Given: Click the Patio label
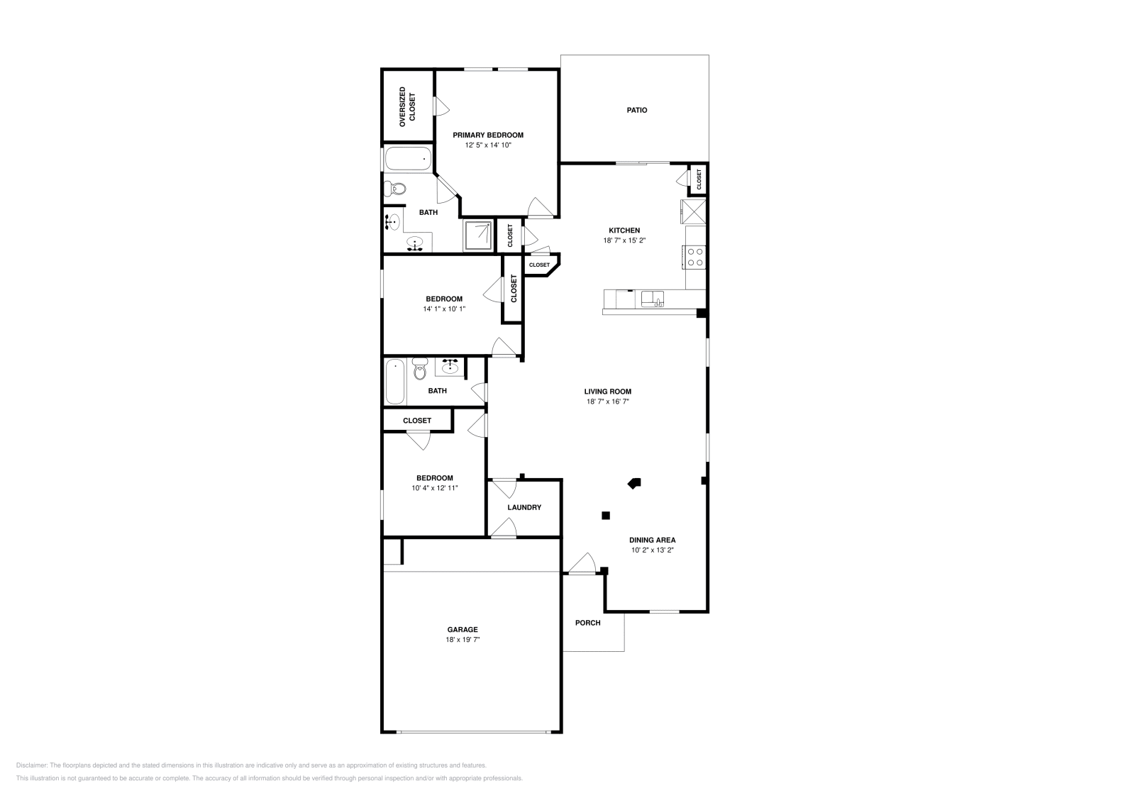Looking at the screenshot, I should point(636,111).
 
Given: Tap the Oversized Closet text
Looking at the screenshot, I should point(406,107).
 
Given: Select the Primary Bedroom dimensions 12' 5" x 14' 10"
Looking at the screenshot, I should point(488,145).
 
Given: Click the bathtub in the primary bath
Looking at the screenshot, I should point(408,159).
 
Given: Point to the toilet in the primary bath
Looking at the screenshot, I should point(395,189).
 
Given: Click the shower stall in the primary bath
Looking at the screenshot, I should point(479,236).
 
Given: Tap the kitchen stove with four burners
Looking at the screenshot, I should point(694,257).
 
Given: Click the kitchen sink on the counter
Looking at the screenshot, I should point(653,299).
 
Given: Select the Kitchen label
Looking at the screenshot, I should point(624,231).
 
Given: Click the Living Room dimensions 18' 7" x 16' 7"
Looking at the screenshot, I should point(608,401).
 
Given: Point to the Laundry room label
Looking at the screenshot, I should point(524,508).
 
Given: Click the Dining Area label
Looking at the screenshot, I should point(652,540).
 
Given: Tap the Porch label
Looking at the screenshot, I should point(587,623).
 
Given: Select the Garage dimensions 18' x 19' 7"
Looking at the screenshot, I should point(462,640).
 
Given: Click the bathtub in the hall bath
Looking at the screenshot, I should point(395,382).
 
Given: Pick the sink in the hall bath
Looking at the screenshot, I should point(450,367).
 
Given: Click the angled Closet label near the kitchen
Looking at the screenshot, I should point(539,265).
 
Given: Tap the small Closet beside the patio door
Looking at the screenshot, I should point(699,179).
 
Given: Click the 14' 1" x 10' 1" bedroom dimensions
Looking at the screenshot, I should point(444,309).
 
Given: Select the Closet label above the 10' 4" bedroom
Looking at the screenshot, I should point(417,421).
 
